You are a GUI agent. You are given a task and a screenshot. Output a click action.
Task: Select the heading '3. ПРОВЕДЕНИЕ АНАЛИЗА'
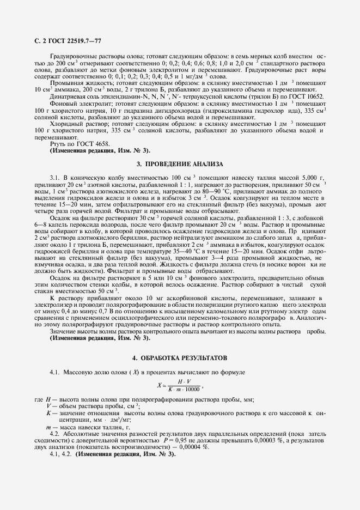180,164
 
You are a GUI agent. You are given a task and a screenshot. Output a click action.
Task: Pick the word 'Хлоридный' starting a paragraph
67,124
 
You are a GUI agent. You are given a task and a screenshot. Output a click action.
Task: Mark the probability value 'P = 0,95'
172,439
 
